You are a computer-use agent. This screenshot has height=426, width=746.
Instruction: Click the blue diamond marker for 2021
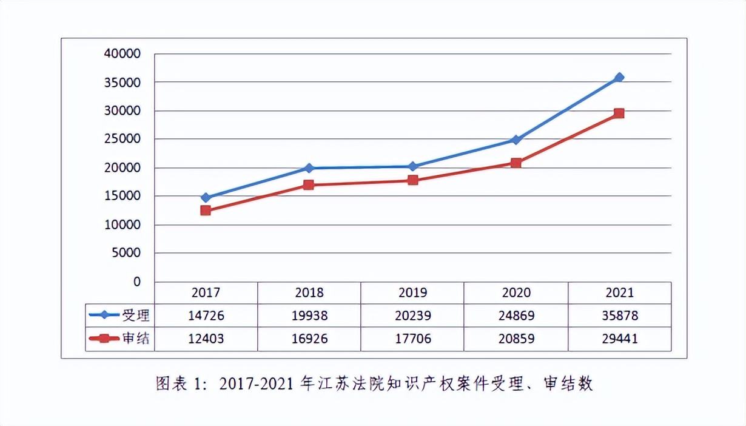click(619, 78)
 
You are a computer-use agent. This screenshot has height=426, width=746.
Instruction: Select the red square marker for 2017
click(206, 211)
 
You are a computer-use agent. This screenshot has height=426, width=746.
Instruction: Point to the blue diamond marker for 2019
click(412, 166)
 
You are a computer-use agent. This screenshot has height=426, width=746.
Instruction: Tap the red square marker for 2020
click(516, 163)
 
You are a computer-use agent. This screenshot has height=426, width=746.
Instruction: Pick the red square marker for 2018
click(309, 184)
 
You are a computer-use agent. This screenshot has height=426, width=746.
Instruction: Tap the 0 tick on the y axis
click(136, 282)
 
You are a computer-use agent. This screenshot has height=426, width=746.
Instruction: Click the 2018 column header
click(309, 292)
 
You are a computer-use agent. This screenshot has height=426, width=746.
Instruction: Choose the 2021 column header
click(619, 292)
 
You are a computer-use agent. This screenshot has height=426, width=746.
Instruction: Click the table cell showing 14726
click(206, 316)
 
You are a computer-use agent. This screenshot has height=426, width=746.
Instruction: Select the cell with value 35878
click(619, 316)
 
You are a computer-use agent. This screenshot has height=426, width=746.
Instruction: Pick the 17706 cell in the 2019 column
click(412, 339)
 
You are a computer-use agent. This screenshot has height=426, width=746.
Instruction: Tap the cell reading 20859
click(516, 339)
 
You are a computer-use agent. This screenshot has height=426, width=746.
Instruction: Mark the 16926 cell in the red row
click(309, 339)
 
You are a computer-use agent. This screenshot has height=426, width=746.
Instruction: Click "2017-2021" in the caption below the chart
click(258, 384)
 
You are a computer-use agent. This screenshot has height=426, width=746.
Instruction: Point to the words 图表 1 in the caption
click(178, 384)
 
